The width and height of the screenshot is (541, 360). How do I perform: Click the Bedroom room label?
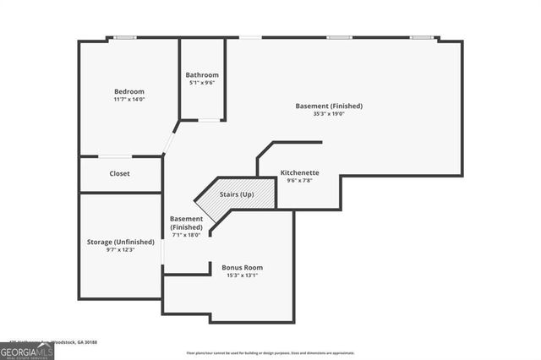(x=129, y=91)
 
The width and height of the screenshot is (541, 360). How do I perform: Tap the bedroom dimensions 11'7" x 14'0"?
(x=129, y=99)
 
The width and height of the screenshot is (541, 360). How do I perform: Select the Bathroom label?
(x=202, y=74)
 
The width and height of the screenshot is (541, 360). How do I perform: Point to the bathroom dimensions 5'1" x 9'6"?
(x=202, y=83)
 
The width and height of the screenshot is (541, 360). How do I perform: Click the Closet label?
(x=119, y=174)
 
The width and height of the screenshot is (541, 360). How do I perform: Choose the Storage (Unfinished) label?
(x=121, y=242)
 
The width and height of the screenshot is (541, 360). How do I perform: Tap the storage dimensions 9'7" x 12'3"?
(x=121, y=249)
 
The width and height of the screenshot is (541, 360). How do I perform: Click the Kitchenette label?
(x=299, y=172)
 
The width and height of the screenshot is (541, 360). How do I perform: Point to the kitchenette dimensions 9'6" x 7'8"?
(x=299, y=180)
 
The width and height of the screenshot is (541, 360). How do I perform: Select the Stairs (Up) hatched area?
(x=238, y=195)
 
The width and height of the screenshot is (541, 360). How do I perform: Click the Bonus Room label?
(x=243, y=267)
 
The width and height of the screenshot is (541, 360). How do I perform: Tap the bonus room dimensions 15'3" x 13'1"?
(x=243, y=275)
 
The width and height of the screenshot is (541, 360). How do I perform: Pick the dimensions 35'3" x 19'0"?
(x=329, y=113)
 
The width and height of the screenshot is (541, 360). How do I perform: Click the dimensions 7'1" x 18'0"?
(x=186, y=235)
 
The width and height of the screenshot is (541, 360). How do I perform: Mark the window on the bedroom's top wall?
(x=126, y=37)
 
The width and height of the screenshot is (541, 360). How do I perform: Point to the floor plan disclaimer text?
(x=270, y=352)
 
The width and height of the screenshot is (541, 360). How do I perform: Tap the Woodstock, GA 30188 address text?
(x=72, y=341)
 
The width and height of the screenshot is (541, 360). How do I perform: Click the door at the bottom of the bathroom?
(x=210, y=120)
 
